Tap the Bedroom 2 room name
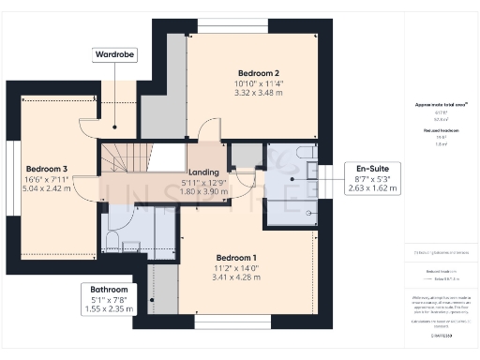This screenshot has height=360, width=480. coord(232,72)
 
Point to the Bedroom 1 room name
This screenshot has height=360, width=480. coord(235,257)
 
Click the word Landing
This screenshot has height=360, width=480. coord(203,172)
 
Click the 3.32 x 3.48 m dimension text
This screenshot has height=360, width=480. coord(232,92)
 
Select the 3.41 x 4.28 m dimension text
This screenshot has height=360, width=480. coord(235,277)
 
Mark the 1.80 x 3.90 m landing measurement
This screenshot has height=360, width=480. coord(203,192)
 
